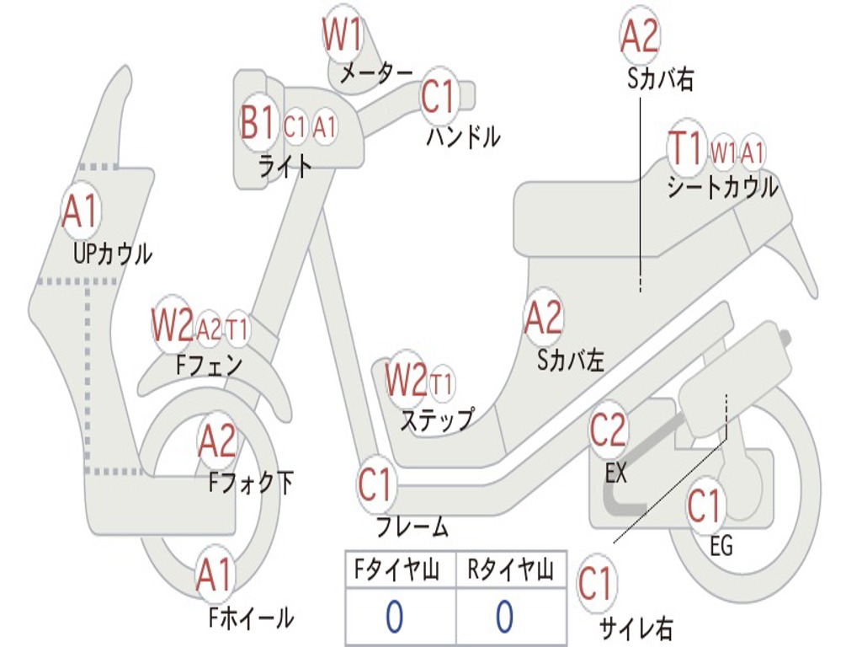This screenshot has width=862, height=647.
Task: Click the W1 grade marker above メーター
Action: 343,35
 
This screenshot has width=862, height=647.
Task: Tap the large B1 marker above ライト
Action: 257,124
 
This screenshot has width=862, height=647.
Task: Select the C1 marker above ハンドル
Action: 438,96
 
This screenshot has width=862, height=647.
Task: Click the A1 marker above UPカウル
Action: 81,211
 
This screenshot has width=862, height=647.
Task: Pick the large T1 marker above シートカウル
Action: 685,148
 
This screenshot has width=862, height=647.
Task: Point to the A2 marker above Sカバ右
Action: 639,36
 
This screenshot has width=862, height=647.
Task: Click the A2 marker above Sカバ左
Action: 542,318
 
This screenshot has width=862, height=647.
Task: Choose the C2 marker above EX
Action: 608,430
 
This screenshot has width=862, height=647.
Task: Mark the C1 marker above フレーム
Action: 375,484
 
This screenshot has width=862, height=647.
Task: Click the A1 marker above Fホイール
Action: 214,576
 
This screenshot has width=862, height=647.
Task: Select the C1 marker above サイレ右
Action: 595,583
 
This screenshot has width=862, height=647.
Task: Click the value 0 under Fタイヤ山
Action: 394,617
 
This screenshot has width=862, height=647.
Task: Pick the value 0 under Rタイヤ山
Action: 504,617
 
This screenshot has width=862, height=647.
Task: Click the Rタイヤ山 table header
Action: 510,571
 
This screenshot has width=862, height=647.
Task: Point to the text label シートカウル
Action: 722,186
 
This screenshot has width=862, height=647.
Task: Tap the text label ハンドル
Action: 462,136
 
